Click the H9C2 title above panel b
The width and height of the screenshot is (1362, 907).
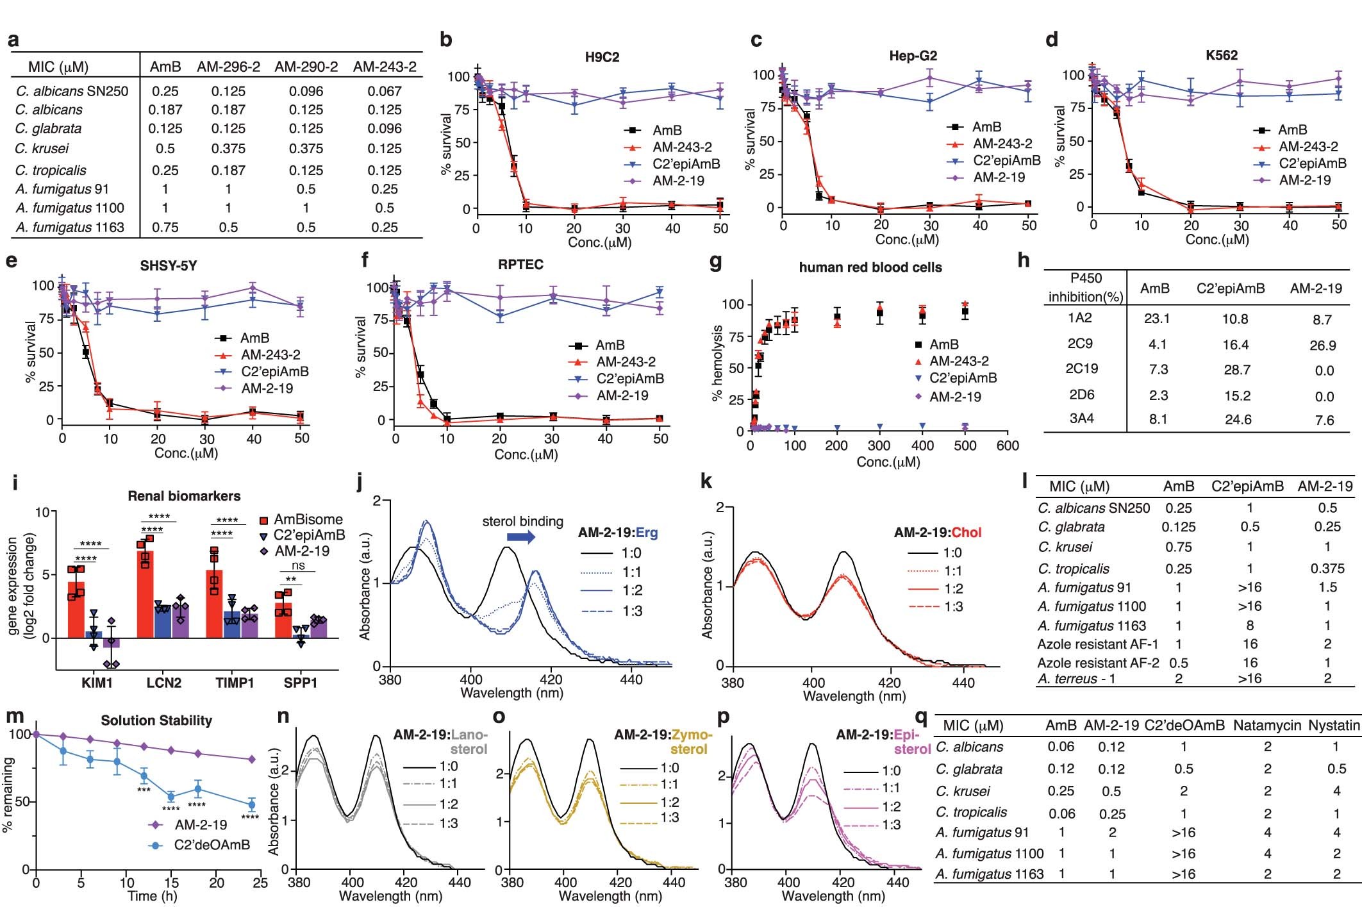pyautogui.click(x=602, y=57)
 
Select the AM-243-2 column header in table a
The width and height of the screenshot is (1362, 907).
pyautogui.click(x=385, y=67)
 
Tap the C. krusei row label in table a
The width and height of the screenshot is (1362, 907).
pyautogui.click(x=42, y=149)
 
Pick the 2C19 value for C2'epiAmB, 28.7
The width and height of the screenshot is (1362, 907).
pyautogui.click(x=1236, y=370)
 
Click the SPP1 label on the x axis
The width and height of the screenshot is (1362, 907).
pyautogui.click(x=300, y=683)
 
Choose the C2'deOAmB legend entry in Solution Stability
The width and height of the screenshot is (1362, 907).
pyautogui.click(x=212, y=845)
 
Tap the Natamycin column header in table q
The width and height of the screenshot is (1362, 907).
pyautogui.click(x=1266, y=726)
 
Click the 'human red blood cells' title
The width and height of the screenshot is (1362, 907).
pyautogui.click(x=870, y=267)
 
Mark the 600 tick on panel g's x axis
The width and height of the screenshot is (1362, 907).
pyautogui.click(x=1008, y=445)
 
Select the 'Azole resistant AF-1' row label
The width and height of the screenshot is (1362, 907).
pyautogui.click(x=1097, y=644)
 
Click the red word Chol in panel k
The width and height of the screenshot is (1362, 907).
pyautogui.click(x=967, y=533)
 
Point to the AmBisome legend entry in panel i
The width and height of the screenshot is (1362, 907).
pyautogui.click(x=308, y=520)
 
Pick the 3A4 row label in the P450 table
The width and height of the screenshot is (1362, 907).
pyautogui.click(x=1081, y=419)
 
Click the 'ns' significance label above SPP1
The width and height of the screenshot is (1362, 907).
pyautogui.click(x=298, y=565)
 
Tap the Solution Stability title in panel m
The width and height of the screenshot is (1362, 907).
pyautogui.click(x=156, y=720)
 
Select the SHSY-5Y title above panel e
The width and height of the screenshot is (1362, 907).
pyautogui.click(x=168, y=266)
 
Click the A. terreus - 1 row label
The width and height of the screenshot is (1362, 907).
pyautogui.click(x=1076, y=679)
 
